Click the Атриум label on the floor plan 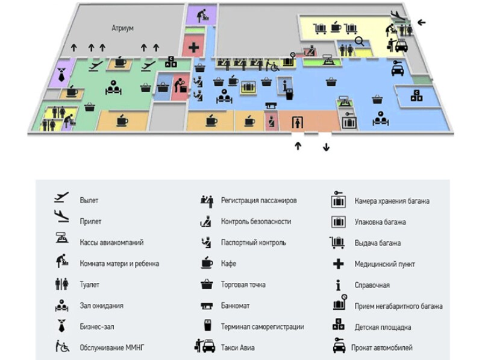click(122, 28)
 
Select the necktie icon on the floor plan click(61, 74)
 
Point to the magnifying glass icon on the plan click(359, 41)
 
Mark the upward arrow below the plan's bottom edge click(298, 147)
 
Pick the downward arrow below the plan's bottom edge click(327, 147)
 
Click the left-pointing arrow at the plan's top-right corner click(422, 22)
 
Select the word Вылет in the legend click(89, 200)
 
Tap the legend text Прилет click(90, 221)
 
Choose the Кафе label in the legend click(228, 264)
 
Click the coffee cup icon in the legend click(205, 264)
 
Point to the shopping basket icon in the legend click(205, 284)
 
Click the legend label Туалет click(90, 284)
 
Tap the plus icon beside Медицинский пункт click(338, 264)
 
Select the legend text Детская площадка click(383, 327)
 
